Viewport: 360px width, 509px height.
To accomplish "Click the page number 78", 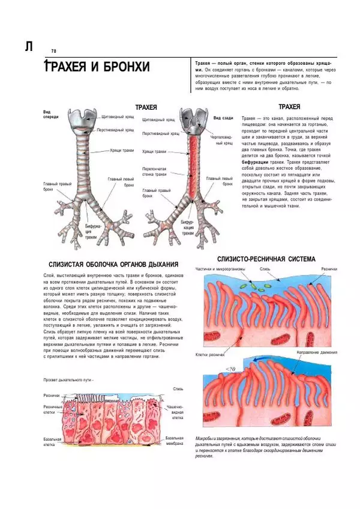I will [x=53, y=51].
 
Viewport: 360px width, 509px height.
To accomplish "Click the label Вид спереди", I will [x=50, y=114].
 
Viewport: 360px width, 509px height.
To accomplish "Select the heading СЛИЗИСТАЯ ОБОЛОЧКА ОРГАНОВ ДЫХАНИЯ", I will [x=111, y=264].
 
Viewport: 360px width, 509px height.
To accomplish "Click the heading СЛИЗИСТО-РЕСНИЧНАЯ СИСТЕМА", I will [x=266, y=259].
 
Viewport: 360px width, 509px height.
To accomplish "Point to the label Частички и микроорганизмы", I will [x=220, y=270].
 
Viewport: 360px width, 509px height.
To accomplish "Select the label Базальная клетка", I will [x=53, y=442].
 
